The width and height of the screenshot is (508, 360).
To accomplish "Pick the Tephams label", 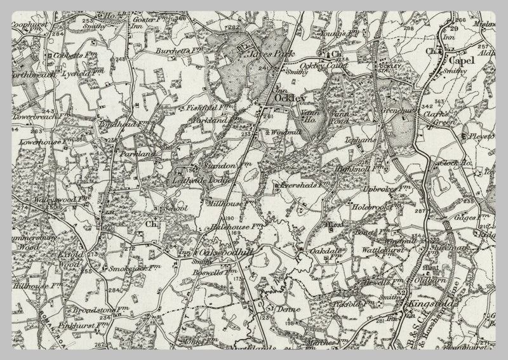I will (x=351, y=138).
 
